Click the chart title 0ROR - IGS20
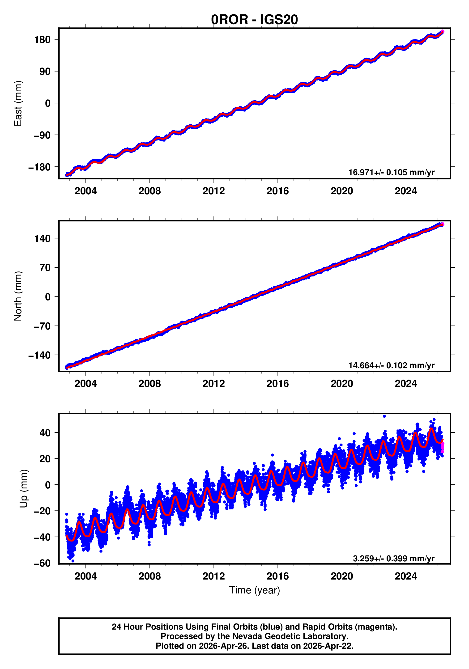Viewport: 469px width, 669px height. pyautogui.click(x=254, y=20)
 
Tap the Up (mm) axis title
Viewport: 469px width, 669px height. pyautogui.click(x=24, y=489)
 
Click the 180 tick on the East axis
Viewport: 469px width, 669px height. pyautogui.click(x=43, y=39)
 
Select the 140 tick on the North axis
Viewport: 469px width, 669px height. pyautogui.click(x=43, y=239)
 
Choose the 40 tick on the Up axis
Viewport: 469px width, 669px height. pyautogui.click(x=45, y=433)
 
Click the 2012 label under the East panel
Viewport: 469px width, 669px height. pyautogui.click(x=214, y=191)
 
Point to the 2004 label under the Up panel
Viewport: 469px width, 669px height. pyautogui.click(x=85, y=576)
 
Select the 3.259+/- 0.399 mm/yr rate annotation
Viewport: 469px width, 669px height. pyautogui.click(x=393, y=558)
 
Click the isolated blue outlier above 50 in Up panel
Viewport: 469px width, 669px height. pyautogui.click(x=384, y=416)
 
